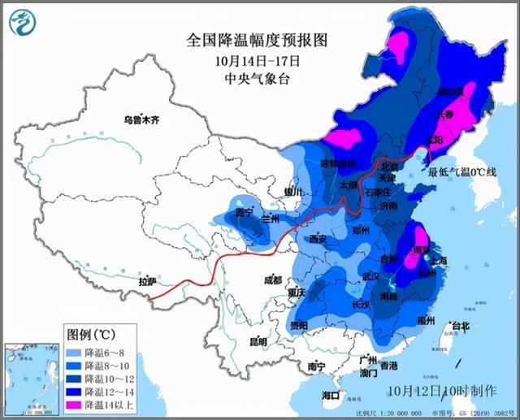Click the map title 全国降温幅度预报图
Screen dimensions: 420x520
(x=246, y=39)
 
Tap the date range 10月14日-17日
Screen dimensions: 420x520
(x=246, y=60)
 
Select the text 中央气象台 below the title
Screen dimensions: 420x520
(x=246, y=79)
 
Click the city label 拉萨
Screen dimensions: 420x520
(x=147, y=282)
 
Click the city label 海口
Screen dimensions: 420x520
(x=331, y=396)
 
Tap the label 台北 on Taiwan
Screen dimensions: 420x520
(x=460, y=327)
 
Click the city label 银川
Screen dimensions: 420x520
(x=292, y=193)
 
